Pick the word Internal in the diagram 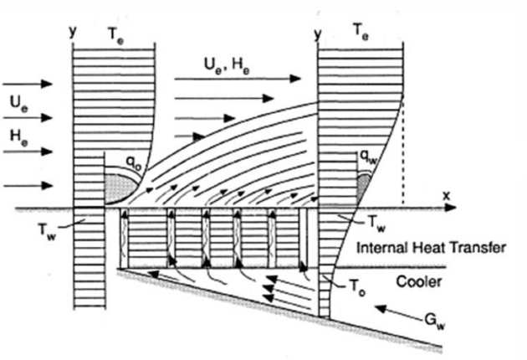pyautogui.click(x=382, y=247)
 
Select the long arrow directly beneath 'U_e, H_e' pyautogui.click(x=239, y=79)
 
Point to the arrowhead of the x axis pyautogui.click(x=447, y=206)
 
